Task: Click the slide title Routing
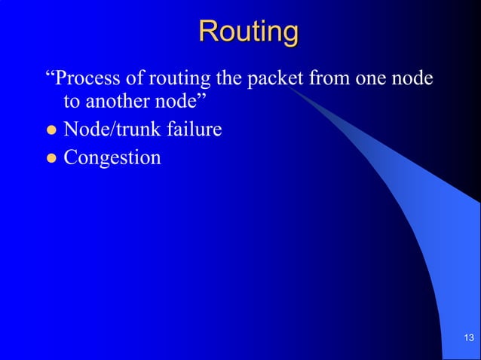(248, 32)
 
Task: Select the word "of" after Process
(128, 79)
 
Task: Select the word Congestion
(112, 158)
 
